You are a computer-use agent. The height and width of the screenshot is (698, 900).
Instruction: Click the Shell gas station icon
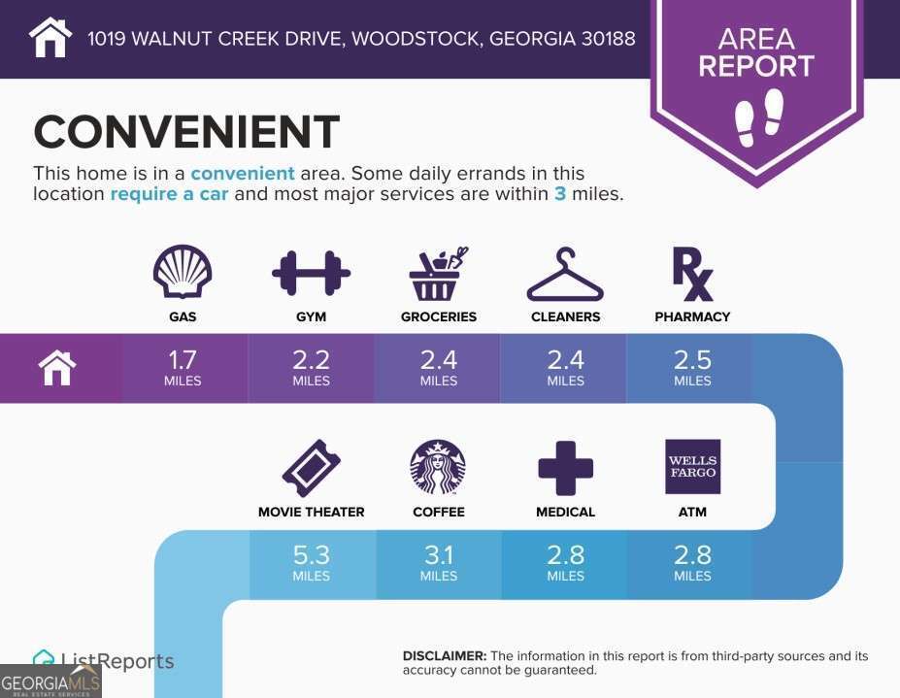tap(183, 272)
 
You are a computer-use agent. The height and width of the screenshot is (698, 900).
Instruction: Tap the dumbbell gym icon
tap(311, 273)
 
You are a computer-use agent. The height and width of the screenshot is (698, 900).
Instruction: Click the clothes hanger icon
tap(565, 275)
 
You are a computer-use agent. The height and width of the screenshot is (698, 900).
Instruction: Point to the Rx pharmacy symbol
tap(693, 274)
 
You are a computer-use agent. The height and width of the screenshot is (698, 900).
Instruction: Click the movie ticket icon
tap(311, 468)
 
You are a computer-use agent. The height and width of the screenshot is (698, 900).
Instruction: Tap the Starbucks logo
tap(438, 467)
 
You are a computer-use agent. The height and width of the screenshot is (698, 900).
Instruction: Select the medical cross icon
tap(565, 468)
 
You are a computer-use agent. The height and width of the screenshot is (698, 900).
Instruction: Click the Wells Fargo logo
tap(693, 467)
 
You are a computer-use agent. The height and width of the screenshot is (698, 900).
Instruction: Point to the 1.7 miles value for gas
tap(183, 368)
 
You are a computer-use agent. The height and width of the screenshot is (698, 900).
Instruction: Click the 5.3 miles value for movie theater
tap(311, 563)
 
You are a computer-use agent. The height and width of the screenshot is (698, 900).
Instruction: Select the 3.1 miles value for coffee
tap(439, 563)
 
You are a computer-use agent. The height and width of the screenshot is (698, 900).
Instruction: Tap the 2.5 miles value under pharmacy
tap(692, 368)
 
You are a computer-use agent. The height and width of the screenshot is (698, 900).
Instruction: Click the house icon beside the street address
tap(50, 37)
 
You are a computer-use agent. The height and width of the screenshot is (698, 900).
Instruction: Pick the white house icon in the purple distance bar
tap(57, 368)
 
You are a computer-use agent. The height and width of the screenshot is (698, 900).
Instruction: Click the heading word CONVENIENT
tap(187, 131)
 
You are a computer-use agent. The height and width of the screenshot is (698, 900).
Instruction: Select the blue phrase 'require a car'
tap(169, 194)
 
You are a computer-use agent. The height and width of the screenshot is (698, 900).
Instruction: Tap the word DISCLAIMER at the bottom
tap(445, 656)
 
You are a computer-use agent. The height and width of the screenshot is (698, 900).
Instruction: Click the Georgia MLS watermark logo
tap(50, 681)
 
